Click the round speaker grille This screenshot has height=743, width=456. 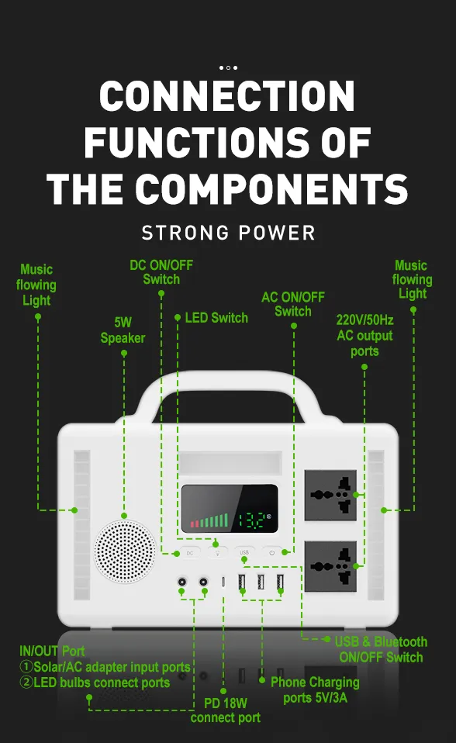125,551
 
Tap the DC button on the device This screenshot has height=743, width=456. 189,553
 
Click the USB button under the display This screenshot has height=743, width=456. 244,552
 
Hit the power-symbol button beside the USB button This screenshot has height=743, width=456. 271,552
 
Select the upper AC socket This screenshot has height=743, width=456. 330,495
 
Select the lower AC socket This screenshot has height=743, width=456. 330,566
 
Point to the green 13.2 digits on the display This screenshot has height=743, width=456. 251,520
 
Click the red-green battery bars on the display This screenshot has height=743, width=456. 209,520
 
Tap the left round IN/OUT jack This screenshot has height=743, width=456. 181,582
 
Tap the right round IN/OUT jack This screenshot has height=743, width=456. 203,582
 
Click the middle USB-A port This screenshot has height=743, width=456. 261,582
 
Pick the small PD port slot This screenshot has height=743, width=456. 223,582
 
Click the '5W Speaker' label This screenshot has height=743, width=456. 123,330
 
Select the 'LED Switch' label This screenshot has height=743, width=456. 216,317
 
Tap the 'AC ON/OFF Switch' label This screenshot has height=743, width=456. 293,304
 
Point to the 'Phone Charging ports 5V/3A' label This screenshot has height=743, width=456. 315,690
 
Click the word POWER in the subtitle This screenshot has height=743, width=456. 277,233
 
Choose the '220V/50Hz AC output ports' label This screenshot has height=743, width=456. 364,336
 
